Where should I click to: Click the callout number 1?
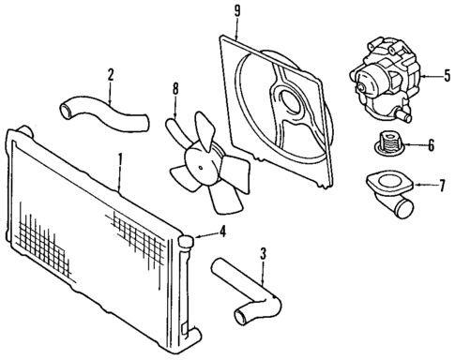coord(119,161)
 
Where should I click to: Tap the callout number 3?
coord(264,251)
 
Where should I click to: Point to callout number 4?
coord(222,232)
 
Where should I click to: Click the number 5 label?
coord(447,73)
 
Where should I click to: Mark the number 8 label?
coord(174,92)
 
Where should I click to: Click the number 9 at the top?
coord(236,12)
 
